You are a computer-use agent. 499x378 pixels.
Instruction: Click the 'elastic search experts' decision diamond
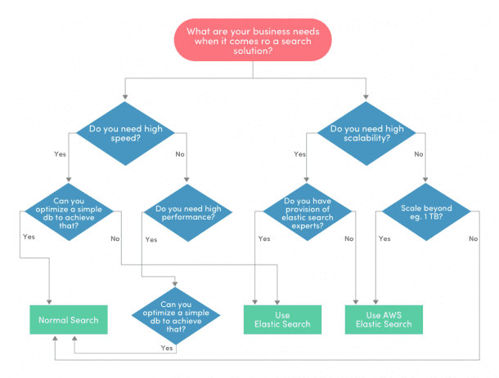pyautogui.click(x=305, y=213)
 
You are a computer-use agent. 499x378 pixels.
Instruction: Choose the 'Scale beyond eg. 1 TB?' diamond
pyautogui.click(x=425, y=214)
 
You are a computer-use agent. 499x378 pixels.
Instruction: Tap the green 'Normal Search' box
pyautogui.click(x=69, y=320)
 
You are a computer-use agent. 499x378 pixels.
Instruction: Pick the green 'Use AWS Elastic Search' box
pyautogui.click(x=384, y=320)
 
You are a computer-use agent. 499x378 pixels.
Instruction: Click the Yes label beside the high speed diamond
pyautogui.click(x=60, y=153)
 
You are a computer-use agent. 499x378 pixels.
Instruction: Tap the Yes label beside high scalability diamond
pyautogui.click(x=299, y=153)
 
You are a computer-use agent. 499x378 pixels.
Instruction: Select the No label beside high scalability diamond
pyautogui.click(x=418, y=153)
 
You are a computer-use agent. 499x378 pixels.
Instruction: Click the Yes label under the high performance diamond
pyautogui.click(x=151, y=240)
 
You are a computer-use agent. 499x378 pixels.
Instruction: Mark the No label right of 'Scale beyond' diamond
pyautogui.click(x=473, y=238)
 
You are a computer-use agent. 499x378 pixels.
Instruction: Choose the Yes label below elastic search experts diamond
pyautogui.click(x=264, y=238)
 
